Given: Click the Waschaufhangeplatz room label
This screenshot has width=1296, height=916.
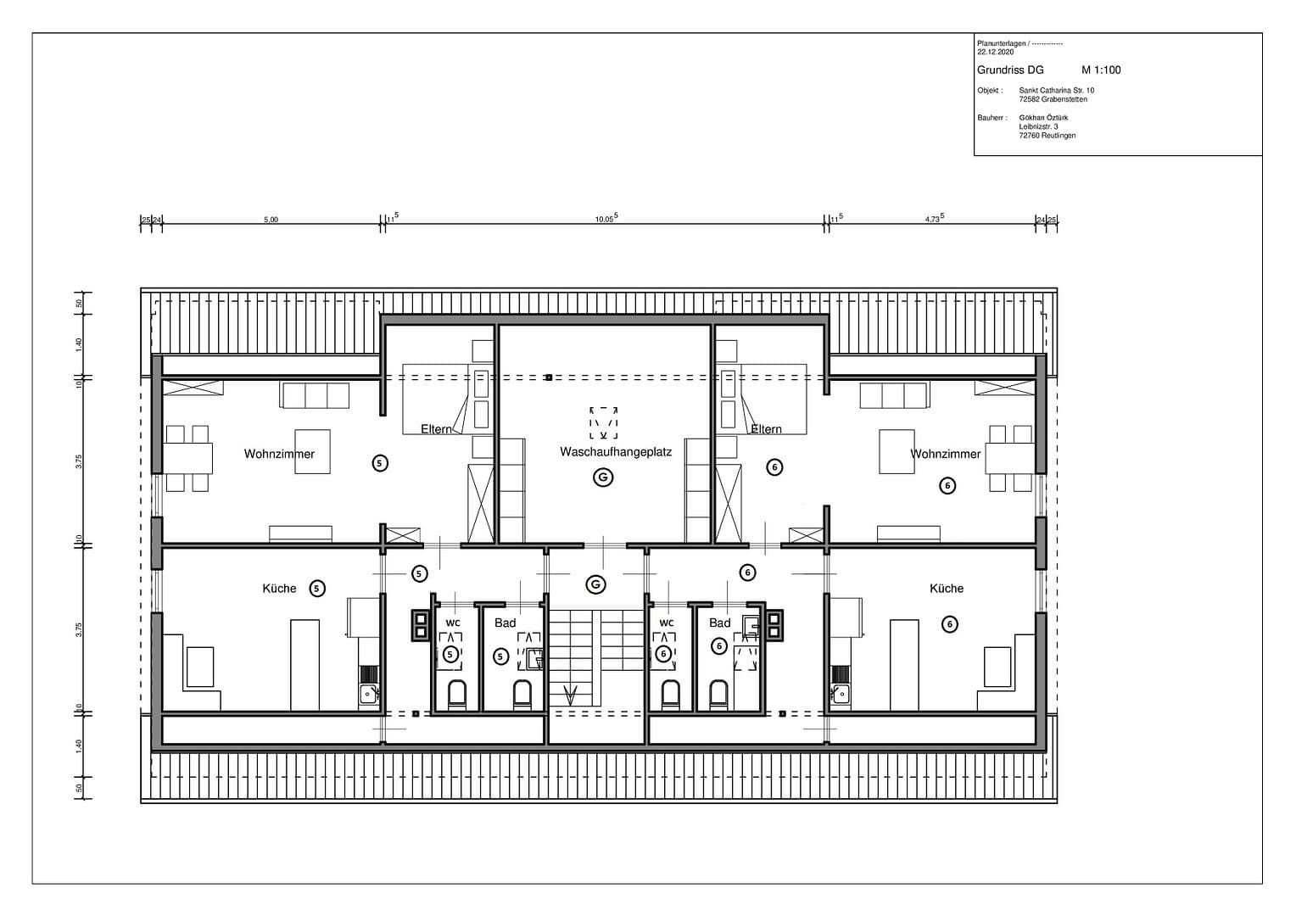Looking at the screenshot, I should coord(615,452).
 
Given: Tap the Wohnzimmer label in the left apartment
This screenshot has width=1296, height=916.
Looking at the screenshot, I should coord(279,454).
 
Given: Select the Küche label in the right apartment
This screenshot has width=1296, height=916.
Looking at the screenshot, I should coord(946,588).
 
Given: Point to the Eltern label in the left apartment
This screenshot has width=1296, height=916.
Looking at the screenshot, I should coord(436,429).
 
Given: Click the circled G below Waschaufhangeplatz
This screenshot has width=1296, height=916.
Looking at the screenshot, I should coord(603,478).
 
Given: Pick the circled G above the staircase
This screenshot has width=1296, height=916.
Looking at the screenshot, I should coord(596,584).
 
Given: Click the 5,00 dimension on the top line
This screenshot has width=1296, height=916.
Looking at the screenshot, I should coord(271,220).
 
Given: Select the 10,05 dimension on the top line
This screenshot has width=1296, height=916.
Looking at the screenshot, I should coord(606,219).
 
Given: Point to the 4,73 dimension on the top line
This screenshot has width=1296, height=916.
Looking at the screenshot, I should coord(934,219).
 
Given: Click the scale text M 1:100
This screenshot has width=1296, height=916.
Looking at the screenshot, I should coord(1100,70).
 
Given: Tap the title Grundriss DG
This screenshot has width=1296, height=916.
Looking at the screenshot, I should coord(1010,70).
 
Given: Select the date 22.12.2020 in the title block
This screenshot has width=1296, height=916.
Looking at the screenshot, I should coord(995,52).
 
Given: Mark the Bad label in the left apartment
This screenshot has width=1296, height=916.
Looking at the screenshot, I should coord(506,623).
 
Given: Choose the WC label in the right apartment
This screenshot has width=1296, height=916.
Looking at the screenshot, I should coord(667,623).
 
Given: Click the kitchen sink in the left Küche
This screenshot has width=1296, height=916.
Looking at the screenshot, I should coord(368,694).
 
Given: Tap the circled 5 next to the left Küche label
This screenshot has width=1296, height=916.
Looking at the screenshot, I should coord(317,588).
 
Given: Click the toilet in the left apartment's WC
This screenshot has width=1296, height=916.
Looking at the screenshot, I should coord(456,695).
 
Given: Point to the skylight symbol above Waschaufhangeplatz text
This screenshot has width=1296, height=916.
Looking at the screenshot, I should coord(603,422).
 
